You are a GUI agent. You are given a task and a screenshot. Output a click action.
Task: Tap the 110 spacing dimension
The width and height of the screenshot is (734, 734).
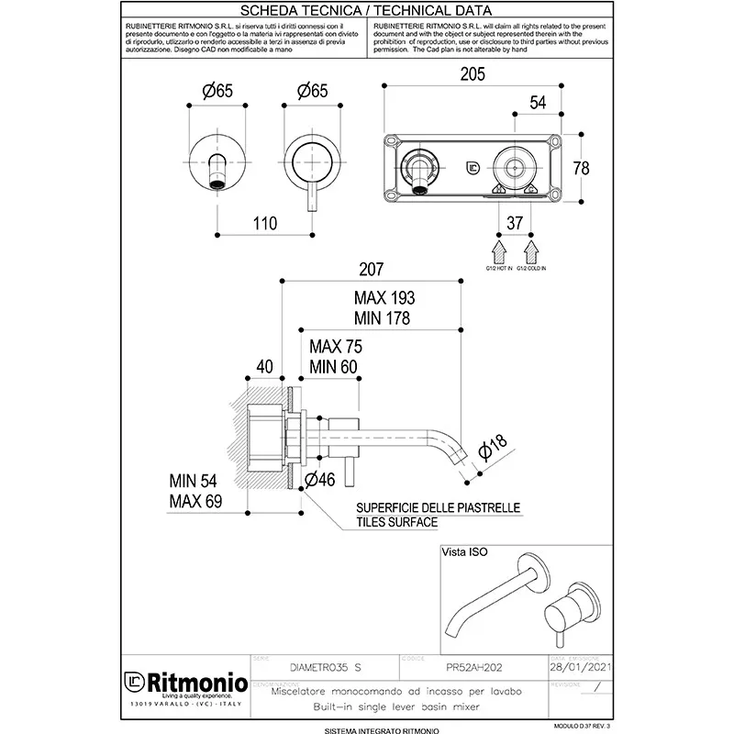264,222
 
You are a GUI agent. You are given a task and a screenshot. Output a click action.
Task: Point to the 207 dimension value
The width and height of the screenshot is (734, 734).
372,270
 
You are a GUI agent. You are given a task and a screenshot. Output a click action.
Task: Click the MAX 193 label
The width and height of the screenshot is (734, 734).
384,298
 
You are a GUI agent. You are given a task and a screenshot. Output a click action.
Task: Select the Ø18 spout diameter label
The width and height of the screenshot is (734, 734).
493,449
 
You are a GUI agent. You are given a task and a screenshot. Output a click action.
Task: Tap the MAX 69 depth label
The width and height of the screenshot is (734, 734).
195,501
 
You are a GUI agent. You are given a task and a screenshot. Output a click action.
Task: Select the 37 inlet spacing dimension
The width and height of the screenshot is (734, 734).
515,221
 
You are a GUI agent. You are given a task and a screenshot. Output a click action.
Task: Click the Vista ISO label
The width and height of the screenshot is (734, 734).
465,552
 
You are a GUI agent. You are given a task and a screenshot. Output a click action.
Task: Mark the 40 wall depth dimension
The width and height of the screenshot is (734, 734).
265,366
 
